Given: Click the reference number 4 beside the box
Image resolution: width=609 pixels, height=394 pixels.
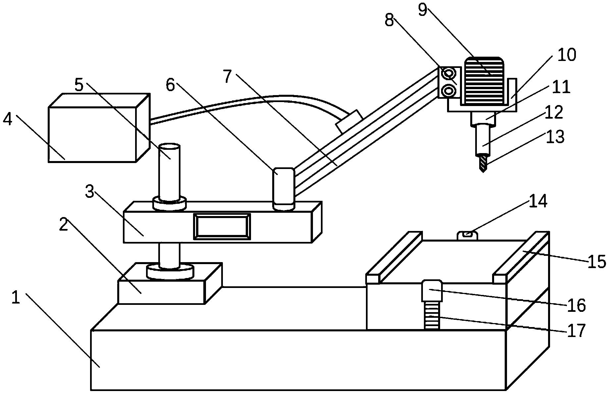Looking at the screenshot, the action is click(x=8, y=120).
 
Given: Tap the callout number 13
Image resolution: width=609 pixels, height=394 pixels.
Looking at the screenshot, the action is click(x=555, y=137).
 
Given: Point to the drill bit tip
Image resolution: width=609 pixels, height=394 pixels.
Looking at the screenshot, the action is click(x=483, y=172).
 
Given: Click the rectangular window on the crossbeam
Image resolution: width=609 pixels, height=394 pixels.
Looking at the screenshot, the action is click(x=222, y=226).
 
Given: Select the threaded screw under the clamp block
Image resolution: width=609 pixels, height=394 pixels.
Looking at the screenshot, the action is click(x=432, y=315).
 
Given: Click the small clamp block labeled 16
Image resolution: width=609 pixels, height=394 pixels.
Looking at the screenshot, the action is click(x=432, y=291).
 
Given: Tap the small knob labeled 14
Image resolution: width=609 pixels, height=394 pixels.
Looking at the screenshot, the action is click(x=467, y=236).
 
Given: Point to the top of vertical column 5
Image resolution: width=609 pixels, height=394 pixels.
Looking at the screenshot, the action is click(x=169, y=147).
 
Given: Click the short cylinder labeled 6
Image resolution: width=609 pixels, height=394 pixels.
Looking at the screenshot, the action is click(x=283, y=189).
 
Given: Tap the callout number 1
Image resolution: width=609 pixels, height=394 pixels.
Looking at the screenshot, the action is click(x=16, y=298).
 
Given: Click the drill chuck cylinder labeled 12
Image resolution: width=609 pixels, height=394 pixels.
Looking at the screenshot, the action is click(x=483, y=140).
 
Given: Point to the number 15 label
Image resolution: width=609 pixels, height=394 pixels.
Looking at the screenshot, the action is click(x=596, y=262).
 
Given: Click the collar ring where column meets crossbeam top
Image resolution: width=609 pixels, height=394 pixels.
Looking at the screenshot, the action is click(x=169, y=203).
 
